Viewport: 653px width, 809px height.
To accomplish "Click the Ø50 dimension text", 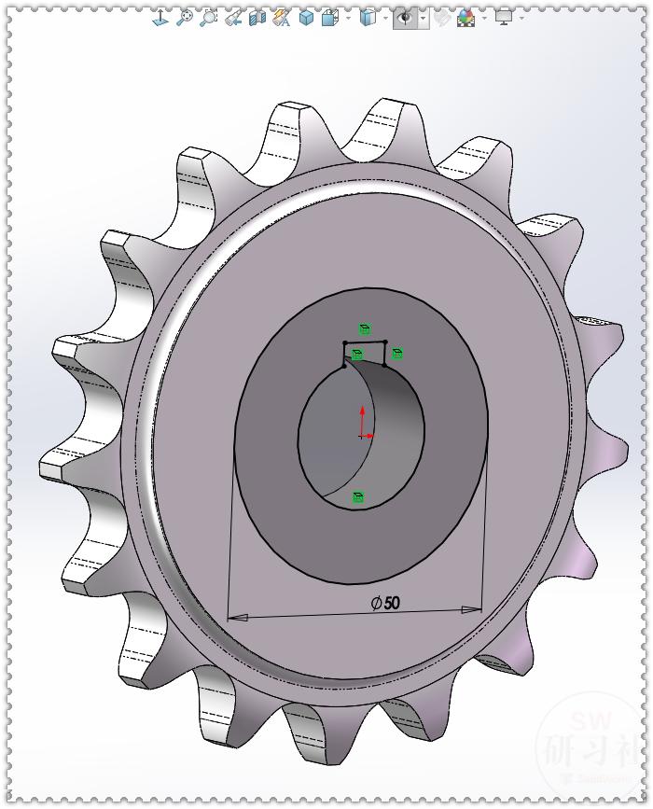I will [x=385, y=603].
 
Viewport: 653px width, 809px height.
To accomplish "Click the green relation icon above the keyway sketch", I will [x=365, y=329].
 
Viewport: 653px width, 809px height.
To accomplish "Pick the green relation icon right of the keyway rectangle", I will [x=397, y=354].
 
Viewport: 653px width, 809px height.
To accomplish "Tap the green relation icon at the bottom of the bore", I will [x=357, y=497].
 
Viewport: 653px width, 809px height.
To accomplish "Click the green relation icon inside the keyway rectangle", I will [x=356, y=355].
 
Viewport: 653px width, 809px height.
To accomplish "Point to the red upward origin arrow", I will [x=363, y=416].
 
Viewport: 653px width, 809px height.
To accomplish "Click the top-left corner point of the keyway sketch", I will [x=343, y=343].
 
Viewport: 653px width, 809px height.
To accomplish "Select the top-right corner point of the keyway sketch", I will [x=385, y=342].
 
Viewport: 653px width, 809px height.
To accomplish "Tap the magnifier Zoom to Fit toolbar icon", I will [x=185, y=17].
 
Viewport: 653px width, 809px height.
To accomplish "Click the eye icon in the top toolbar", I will [x=405, y=17].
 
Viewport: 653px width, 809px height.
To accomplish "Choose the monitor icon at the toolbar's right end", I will [x=504, y=17].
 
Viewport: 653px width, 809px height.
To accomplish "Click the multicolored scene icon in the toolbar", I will [x=465, y=17].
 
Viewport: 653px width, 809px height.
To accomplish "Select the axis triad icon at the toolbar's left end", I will [x=160, y=17].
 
